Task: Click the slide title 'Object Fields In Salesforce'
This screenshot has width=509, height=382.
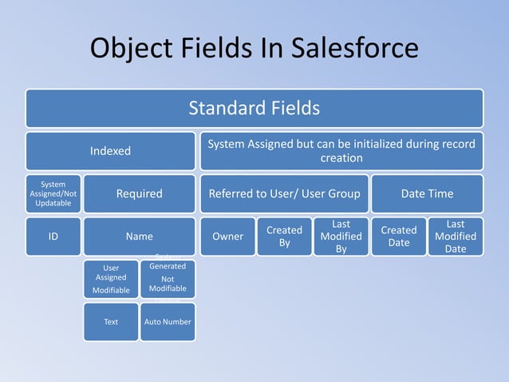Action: click(254, 48)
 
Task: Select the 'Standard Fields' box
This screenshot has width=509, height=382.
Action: click(254, 108)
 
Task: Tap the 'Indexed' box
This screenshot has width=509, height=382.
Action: click(110, 151)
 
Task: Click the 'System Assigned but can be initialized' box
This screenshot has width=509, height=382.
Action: click(341, 151)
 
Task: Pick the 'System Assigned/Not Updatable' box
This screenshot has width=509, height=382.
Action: click(53, 193)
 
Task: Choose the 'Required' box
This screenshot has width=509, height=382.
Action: click(140, 193)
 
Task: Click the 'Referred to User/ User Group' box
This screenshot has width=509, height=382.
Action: click(284, 193)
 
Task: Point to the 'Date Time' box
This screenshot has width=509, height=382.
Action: click(427, 193)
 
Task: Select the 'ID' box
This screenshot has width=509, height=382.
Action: click(53, 237)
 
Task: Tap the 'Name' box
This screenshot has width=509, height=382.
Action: click(140, 237)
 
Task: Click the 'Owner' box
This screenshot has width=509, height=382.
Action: click(227, 237)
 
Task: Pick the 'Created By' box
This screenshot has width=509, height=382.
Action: click(284, 237)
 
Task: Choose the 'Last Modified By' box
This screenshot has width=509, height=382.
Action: click(341, 237)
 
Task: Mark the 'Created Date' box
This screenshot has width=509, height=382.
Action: click(398, 237)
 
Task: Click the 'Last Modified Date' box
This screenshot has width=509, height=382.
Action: click(456, 237)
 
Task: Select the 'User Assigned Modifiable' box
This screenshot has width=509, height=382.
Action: click(111, 279)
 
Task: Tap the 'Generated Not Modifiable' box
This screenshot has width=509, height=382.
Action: click(168, 279)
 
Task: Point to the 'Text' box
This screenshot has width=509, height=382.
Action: click(111, 322)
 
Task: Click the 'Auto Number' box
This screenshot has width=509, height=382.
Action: click(168, 322)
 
